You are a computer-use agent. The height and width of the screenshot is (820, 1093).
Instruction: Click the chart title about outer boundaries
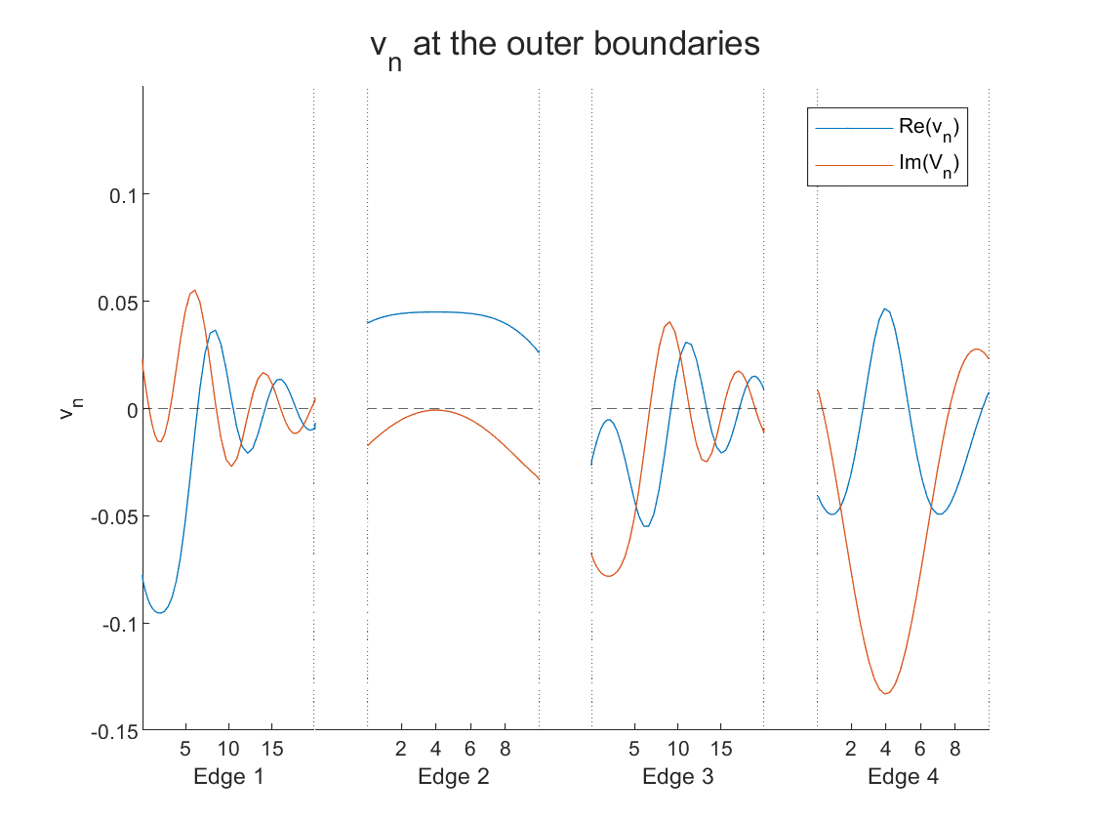[565, 47]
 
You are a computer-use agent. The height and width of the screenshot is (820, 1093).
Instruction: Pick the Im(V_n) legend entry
[932, 165]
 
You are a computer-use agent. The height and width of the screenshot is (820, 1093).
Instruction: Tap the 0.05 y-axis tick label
[114, 302]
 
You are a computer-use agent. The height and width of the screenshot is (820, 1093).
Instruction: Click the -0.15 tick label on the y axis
[112, 731]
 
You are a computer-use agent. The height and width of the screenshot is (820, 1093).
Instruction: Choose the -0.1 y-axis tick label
[116, 624]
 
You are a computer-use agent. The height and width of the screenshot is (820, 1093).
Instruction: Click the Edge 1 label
[229, 777]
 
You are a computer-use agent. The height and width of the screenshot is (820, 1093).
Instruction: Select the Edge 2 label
[453, 777]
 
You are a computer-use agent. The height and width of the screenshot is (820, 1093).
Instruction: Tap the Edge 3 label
[677, 777]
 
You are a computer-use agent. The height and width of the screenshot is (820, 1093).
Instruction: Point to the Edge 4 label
[903, 777]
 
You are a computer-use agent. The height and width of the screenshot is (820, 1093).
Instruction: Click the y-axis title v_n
[67, 409]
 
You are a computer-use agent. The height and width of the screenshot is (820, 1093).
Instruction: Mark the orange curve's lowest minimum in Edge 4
[886, 693]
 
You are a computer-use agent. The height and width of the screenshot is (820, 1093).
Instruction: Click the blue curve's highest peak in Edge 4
[885, 308]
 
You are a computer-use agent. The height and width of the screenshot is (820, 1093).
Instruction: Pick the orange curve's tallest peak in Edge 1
[194, 290]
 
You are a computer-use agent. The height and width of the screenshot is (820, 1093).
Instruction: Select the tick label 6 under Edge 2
[470, 750]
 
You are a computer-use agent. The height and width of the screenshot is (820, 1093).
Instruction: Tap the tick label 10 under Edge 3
[677, 750]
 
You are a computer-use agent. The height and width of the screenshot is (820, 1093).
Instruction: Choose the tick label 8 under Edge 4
[954, 750]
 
